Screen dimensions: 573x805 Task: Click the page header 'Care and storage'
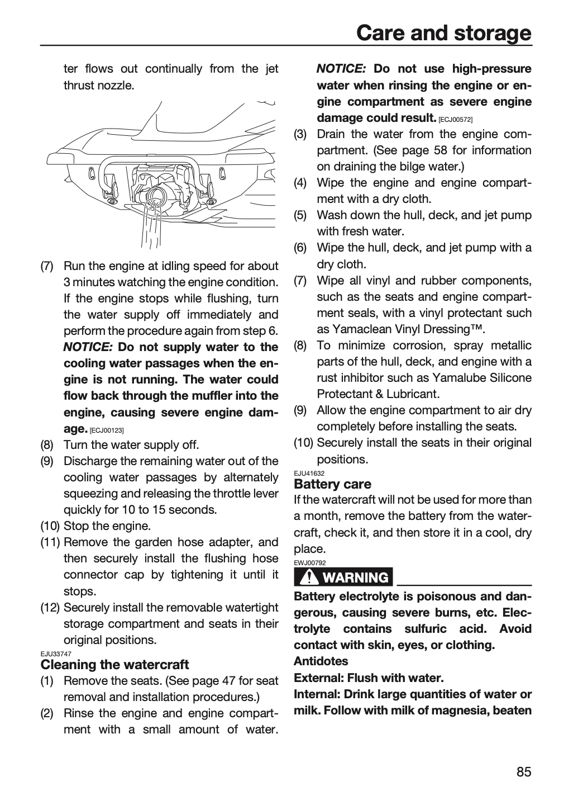[444, 33]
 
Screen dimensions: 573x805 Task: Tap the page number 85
[524, 772]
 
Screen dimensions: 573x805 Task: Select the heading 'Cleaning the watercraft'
[114, 665]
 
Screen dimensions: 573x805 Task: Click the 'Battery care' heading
[332, 484]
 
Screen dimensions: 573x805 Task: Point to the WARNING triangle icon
[308, 577]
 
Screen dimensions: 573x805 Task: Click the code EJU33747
[56, 654]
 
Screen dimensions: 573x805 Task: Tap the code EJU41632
[309, 473]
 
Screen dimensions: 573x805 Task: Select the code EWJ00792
[310, 563]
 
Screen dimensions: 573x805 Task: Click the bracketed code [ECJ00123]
[107, 430]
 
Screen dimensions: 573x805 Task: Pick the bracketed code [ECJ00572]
[456, 119]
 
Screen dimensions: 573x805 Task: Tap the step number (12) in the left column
[50, 608]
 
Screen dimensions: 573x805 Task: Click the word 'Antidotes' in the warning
[321, 661]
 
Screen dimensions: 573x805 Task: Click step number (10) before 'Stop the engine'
[50, 526]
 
